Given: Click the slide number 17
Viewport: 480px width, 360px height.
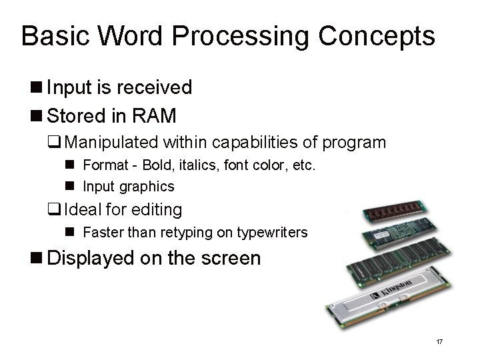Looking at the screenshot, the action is pos(439,342).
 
